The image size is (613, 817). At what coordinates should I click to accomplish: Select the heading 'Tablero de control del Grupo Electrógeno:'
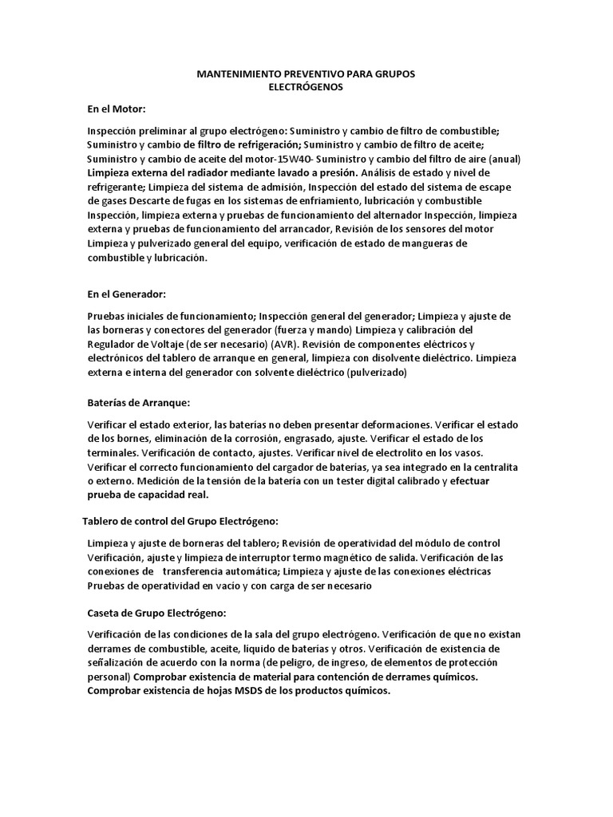pyautogui.click(x=180, y=521)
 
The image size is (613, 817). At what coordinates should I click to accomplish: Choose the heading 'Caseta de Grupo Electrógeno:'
pyautogui.click(x=156, y=614)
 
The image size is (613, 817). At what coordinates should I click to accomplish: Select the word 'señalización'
pyautogui.click(x=121, y=663)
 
